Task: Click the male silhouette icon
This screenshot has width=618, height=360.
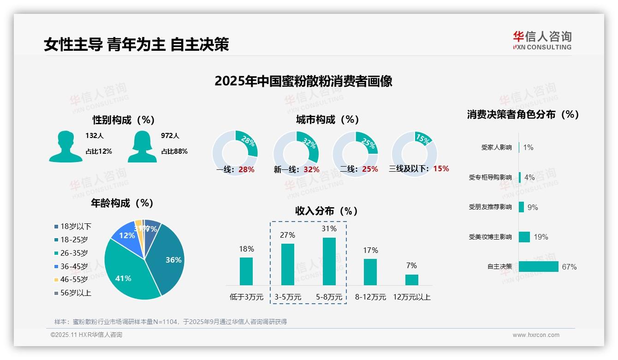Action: click(x=65, y=147)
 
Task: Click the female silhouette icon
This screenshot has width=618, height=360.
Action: click(x=142, y=147)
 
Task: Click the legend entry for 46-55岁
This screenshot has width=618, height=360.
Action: click(x=74, y=279)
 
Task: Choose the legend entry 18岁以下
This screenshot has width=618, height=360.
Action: click(x=76, y=226)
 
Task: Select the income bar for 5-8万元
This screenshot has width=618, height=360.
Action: click(x=329, y=261)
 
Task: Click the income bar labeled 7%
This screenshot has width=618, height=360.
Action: click(x=411, y=280)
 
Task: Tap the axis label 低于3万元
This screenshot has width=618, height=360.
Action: click(x=246, y=297)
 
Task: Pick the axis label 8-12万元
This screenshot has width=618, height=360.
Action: click(x=370, y=297)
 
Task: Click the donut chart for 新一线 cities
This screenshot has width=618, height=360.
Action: click(x=296, y=153)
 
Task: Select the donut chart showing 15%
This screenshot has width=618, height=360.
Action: click(x=414, y=153)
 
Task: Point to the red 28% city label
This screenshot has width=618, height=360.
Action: click(x=246, y=169)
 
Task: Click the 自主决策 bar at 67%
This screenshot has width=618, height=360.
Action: click(x=538, y=266)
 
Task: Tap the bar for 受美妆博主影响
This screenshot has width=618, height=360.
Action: click(x=524, y=237)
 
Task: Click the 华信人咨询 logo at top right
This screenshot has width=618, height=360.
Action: click(x=542, y=40)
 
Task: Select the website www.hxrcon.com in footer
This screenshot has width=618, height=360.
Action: click(x=535, y=335)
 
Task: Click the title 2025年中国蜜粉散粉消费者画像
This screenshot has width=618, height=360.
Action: click(x=303, y=81)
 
